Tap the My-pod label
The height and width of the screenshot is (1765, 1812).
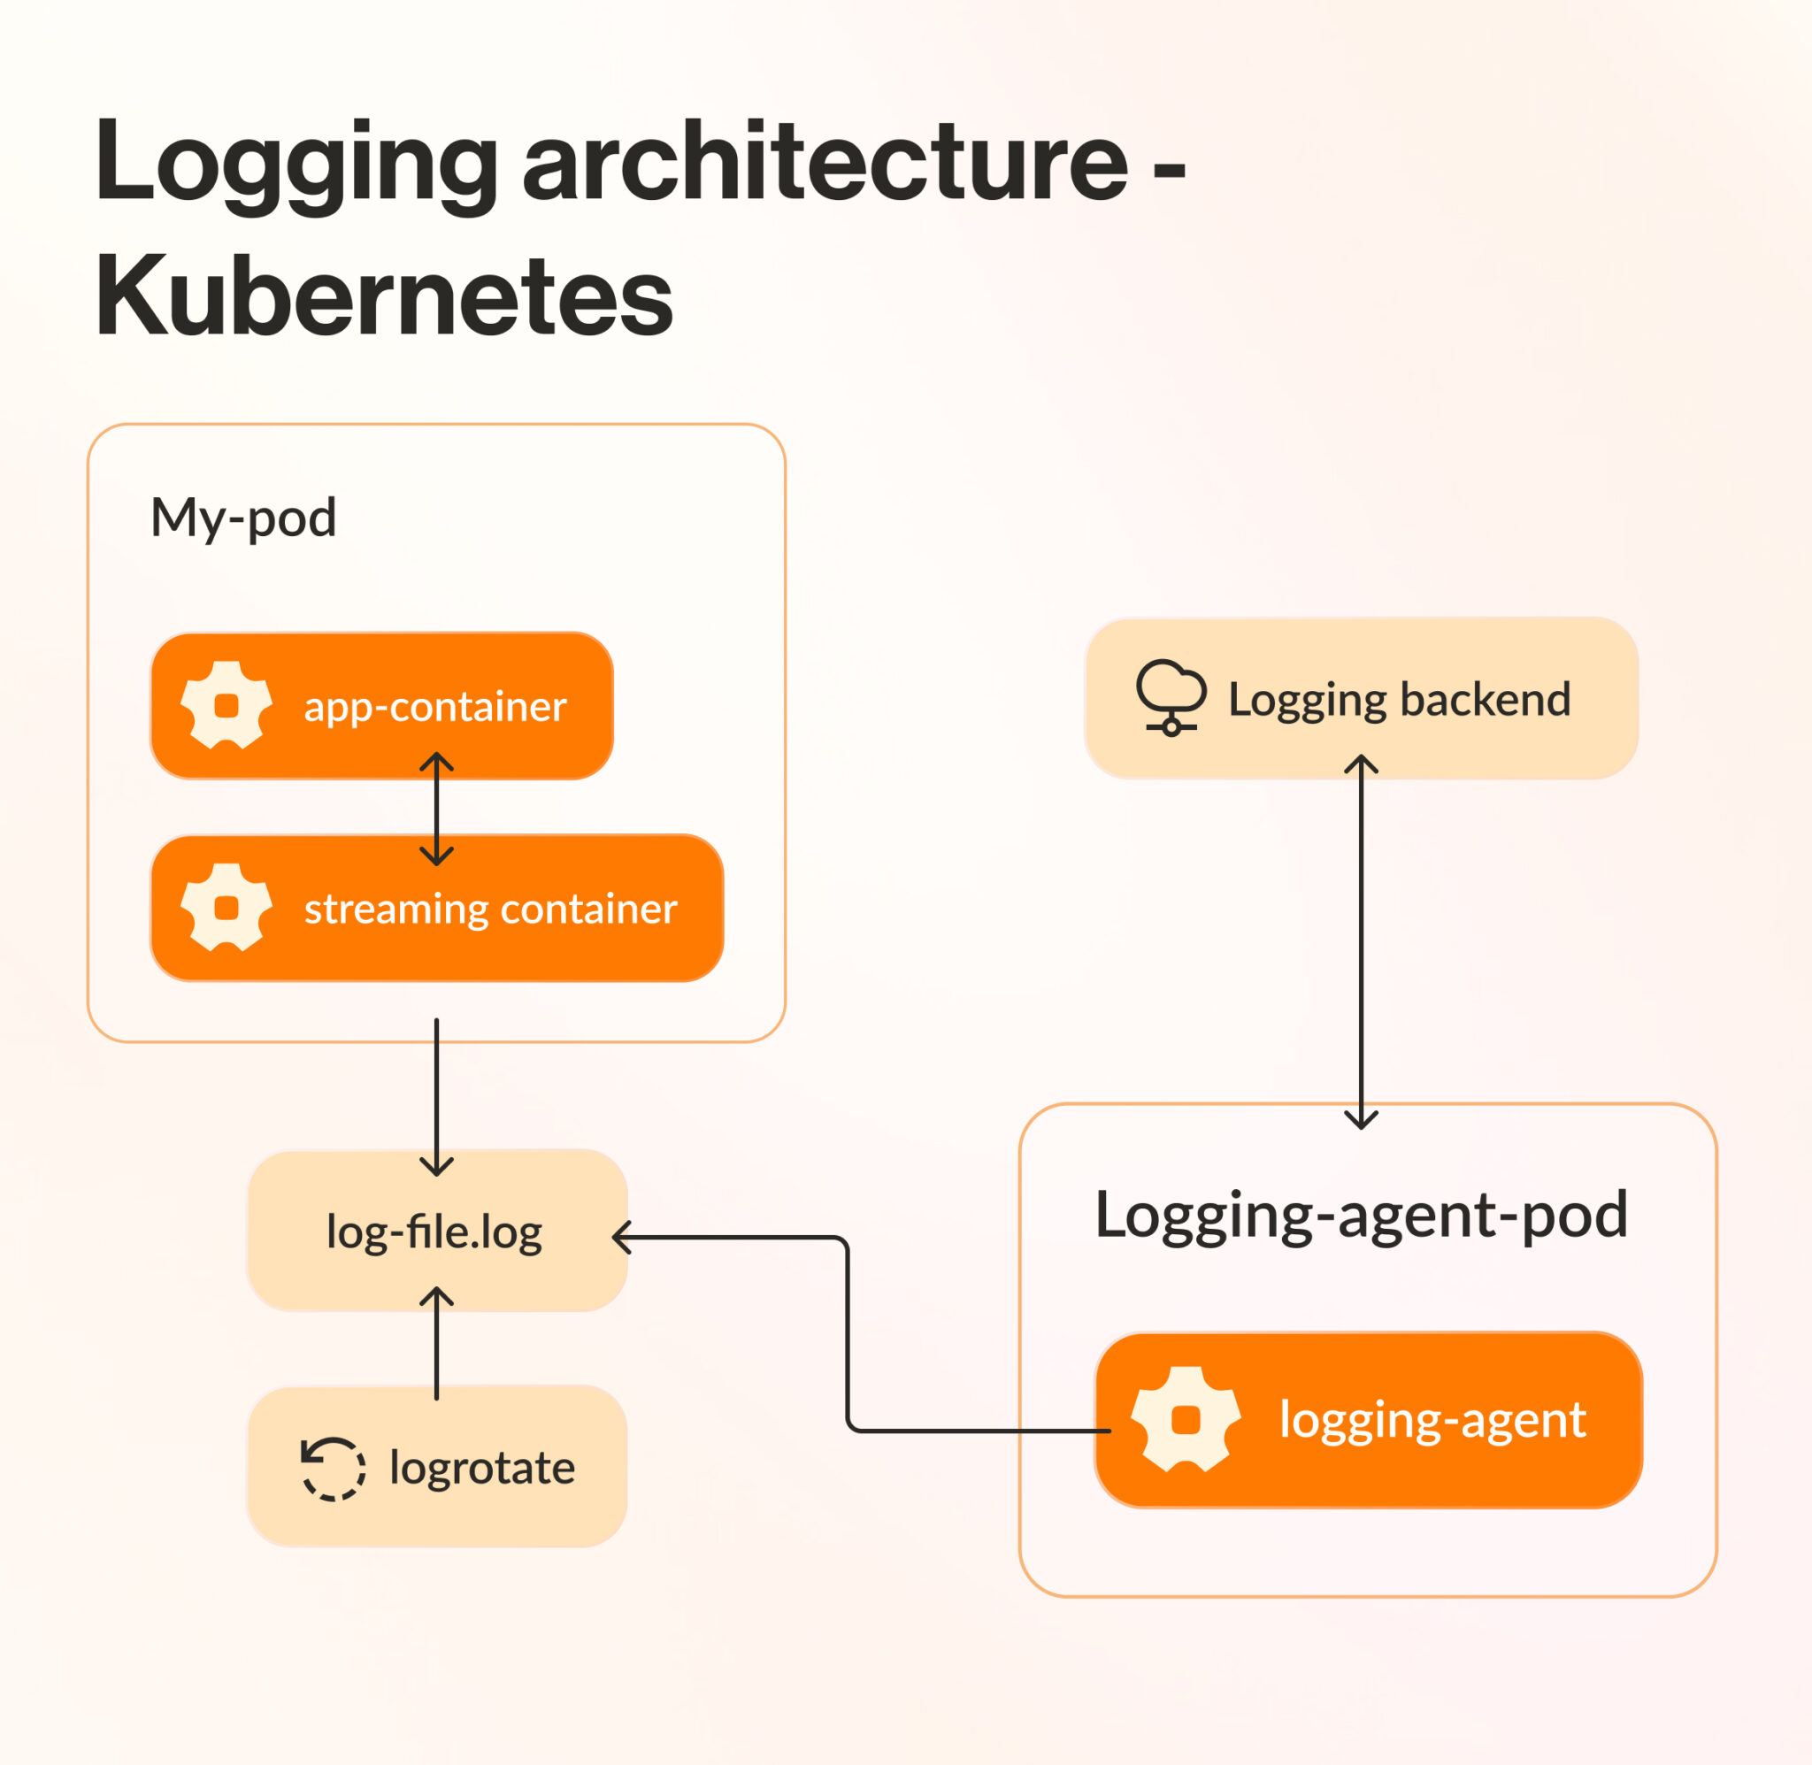(242, 518)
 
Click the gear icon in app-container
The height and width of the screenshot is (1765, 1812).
(226, 705)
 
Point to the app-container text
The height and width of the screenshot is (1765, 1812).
(434, 707)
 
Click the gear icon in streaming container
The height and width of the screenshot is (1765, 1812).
(226, 908)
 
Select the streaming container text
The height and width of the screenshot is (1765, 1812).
(490, 909)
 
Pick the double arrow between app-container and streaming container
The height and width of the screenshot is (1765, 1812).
(436, 809)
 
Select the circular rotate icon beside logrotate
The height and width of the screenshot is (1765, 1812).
(333, 1469)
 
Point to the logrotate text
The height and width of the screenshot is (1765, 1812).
(482, 1469)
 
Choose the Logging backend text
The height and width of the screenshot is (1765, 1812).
(1399, 700)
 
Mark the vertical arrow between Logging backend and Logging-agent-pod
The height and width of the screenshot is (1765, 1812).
(1361, 941)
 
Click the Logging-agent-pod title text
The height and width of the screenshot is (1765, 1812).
(1361, 1216)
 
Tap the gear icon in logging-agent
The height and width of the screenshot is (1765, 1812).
(1186, 1419)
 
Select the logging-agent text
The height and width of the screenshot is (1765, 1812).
(1432, 1420)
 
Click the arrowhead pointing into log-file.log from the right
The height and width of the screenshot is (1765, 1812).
(622, 1238)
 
